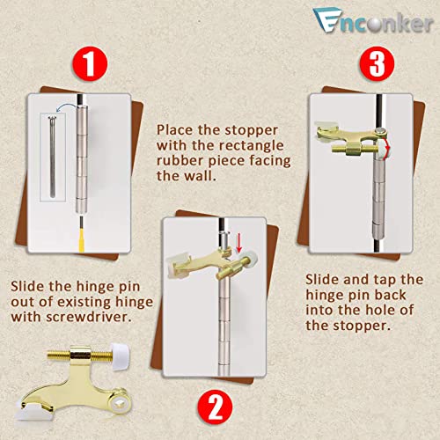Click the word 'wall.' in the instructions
(195, 175)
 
